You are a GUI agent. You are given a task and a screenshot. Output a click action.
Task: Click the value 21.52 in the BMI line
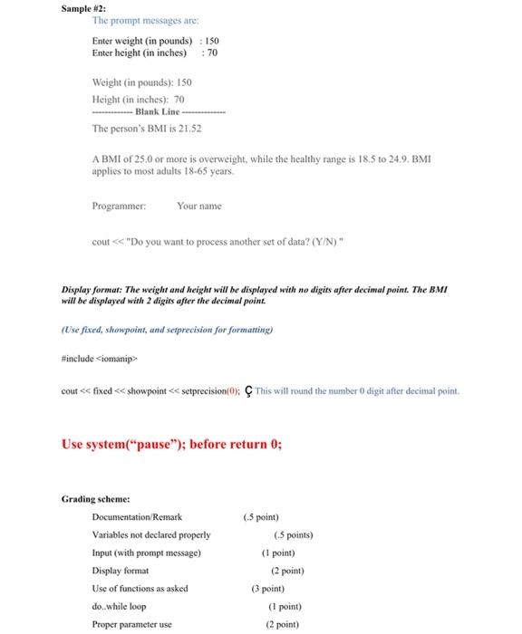point(188,129)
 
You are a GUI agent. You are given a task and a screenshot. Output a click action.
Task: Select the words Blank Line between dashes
point(158,110)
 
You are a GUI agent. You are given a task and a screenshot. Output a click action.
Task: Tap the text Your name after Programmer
point(198,207)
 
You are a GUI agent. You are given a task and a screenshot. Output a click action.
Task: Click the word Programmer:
point(119,207)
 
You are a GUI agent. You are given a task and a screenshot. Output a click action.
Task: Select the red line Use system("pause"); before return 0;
point(171,445)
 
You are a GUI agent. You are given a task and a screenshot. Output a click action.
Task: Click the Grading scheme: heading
point(95,499)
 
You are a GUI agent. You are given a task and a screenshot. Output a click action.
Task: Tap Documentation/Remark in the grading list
point(137,517)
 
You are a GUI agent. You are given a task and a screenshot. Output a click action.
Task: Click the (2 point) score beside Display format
point(286,571)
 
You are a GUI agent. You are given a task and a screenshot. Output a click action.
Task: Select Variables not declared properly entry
point(150,535)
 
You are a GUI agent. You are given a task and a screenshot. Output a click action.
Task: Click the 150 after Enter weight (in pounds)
point(213,42)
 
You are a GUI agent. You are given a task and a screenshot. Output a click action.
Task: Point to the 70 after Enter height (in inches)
point(212,53)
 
